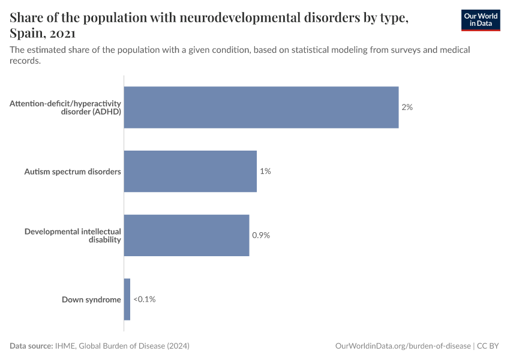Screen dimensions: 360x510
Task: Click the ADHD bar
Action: (261, 107)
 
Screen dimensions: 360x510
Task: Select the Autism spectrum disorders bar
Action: (190, 172)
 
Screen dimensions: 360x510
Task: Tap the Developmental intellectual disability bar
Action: (187, 235)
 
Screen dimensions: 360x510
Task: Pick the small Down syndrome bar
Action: (127, 299)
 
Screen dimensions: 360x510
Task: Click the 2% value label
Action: (407, 107)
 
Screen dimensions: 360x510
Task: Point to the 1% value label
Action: (265, 172)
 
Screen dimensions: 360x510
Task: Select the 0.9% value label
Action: (261, 235)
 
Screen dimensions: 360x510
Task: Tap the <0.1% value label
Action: (145, 299)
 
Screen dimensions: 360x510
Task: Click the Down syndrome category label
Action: (91, 299)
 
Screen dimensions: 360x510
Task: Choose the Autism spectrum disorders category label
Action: (73, 172)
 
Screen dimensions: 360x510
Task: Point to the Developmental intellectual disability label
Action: (73, 235)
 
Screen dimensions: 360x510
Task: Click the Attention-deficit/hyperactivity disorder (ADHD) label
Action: (65, 107)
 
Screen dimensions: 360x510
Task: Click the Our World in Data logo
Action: (480, 20)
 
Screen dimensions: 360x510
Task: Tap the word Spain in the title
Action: (26, 34)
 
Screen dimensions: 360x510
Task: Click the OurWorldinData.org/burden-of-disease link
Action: (402, 346)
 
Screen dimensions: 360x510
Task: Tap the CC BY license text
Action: (489, 346)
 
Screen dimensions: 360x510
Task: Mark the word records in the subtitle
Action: (25, 61)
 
